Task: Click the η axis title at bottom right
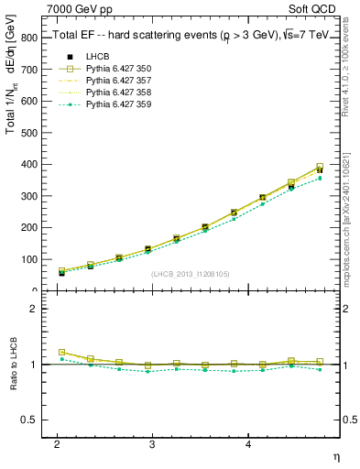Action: tap(335, 455)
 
